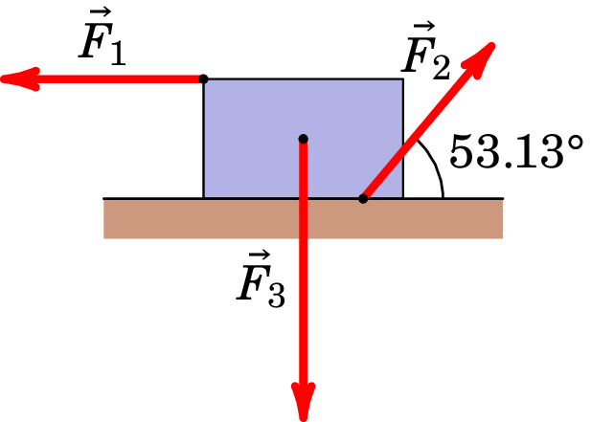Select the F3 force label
[x=261, y=279]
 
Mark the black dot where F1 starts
[x=203, y=79]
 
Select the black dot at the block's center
[x=303, y=139]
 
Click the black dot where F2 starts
[x=363, y=198]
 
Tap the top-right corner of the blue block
[x=402, y=79]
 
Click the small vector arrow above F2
[x=420, y=27]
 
